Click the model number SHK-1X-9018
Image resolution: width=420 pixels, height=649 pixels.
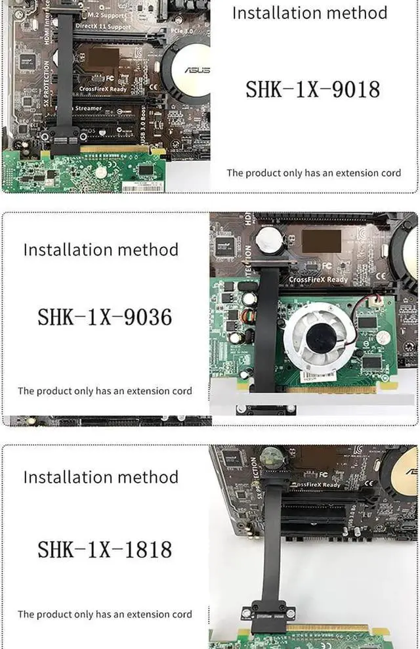coord(312,89)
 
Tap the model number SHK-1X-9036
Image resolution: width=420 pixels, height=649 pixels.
coord(104,317)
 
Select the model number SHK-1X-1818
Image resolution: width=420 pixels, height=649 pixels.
coord(104,548)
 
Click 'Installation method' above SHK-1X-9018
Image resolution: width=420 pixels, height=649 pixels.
coord(310,12)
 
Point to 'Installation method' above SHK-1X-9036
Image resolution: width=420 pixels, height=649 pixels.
coord(100,250)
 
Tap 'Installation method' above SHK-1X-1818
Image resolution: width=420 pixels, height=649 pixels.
coord(100,477)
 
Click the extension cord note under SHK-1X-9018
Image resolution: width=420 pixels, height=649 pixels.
coord(314,173)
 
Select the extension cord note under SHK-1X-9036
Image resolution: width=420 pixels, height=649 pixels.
coord(105,391)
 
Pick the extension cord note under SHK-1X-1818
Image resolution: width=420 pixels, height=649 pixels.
coord(105,614)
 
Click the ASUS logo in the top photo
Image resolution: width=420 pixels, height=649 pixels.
coord(196,70)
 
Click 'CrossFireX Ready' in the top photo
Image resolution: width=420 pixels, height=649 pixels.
coord(104,88)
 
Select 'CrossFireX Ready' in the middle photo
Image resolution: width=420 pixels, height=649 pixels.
coord(319,279)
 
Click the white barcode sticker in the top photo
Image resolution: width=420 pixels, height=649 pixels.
coord(140,188)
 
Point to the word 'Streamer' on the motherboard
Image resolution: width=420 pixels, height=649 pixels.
coord(88,108)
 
